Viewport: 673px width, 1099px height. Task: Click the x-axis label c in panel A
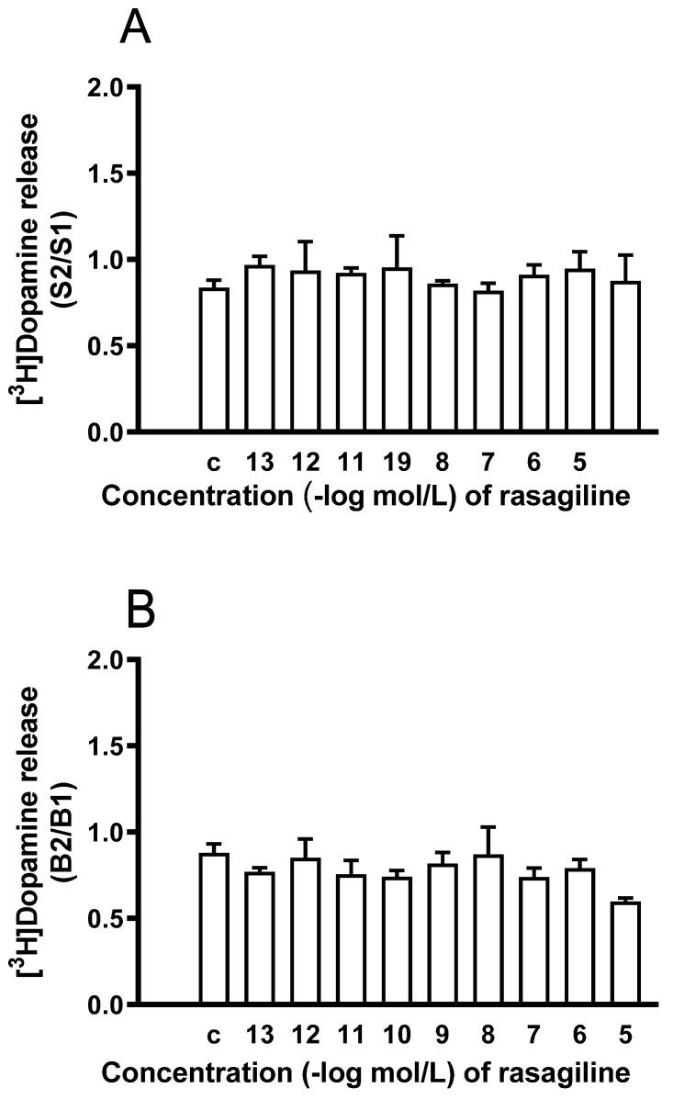(x=215, y=457)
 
